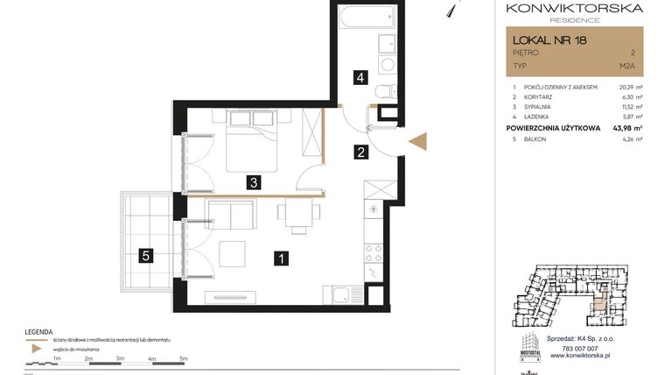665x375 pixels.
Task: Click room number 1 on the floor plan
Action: pos(281,258)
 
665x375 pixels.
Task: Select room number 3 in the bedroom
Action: pos(253,183)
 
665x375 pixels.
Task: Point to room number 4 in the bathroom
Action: pos(359,77)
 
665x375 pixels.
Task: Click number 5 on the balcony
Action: pos(146,257)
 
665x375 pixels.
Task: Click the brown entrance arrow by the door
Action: pos(416,143)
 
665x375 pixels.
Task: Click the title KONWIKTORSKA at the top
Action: pos(574,9)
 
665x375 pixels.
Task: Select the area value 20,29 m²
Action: pos(630,88)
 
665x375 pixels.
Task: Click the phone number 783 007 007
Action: pos(573,348)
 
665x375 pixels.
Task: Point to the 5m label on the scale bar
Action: pos(184,359)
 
